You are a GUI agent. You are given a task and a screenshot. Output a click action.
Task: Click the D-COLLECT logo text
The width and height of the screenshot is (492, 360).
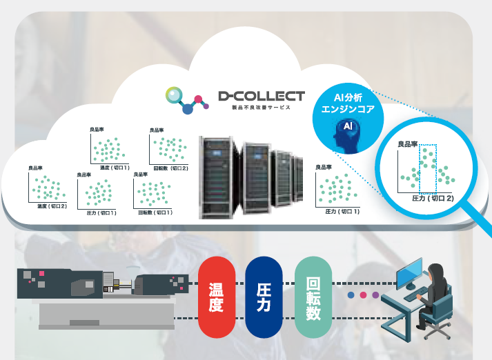point(260,96)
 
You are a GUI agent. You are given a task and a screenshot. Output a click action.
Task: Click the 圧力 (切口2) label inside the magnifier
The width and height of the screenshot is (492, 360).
point(433,198)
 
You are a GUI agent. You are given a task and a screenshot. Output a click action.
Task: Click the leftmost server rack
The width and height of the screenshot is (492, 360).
point(215,177)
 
